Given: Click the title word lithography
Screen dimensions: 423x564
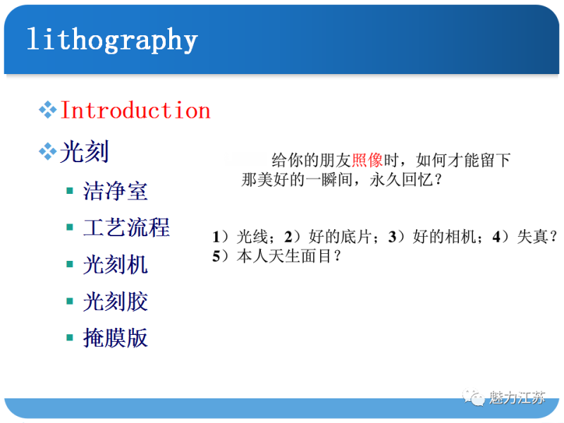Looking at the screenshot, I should (111, 39).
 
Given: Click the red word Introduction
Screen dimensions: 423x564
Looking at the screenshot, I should (135, 111).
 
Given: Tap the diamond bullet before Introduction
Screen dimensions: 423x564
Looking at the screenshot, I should (47, 110).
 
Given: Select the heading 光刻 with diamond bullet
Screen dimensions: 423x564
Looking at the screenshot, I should (84, 152).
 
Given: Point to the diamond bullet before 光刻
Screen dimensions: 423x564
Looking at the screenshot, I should (47, 152).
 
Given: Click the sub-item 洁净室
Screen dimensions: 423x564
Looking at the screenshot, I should (116, 190).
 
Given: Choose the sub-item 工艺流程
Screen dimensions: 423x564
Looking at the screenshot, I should (126, 227).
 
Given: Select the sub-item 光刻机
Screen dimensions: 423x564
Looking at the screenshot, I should (116, 264).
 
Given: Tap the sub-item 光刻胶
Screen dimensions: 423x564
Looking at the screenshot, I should (116, 301).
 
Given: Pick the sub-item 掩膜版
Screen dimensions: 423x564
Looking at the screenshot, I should (116, 338).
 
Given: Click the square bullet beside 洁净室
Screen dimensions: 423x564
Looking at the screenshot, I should (70, 190).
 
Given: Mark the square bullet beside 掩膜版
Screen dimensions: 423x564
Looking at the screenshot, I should (70, 338).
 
